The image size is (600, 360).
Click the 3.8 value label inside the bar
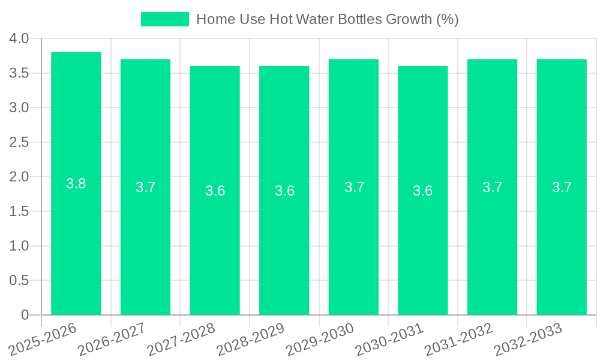click(x=76, y=184)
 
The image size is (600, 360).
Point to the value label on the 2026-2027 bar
click(x=146, y=187)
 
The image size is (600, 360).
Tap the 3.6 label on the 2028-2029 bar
click(x=284, y=191)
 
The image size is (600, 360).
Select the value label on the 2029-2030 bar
click(x=354, y=187)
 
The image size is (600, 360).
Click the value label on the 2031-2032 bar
click(x=493, y=187)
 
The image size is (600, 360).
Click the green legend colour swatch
click(x=164, y=19)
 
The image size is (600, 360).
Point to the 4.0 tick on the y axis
click(x=19, y=38)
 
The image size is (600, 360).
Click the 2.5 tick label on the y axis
click(x=19, y=142)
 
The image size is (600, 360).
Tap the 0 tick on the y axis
click(x=25, y=315)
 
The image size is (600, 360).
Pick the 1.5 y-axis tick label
click(x=19, y=211)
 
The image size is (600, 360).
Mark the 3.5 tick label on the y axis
click(x=19, y=73)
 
